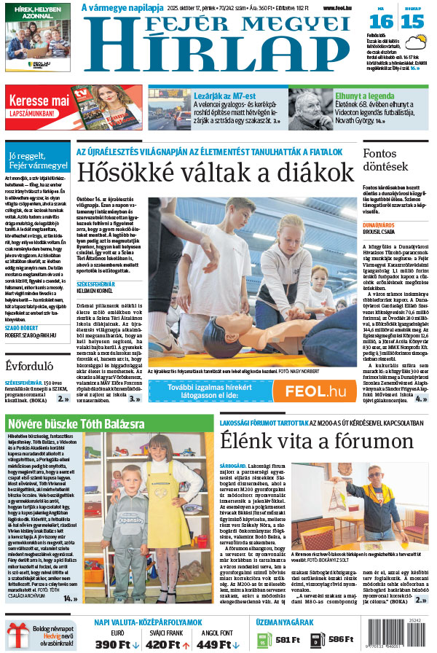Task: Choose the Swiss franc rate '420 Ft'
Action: click(x=167, y=644)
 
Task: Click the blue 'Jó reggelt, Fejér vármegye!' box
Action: click(x=36, y=160)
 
